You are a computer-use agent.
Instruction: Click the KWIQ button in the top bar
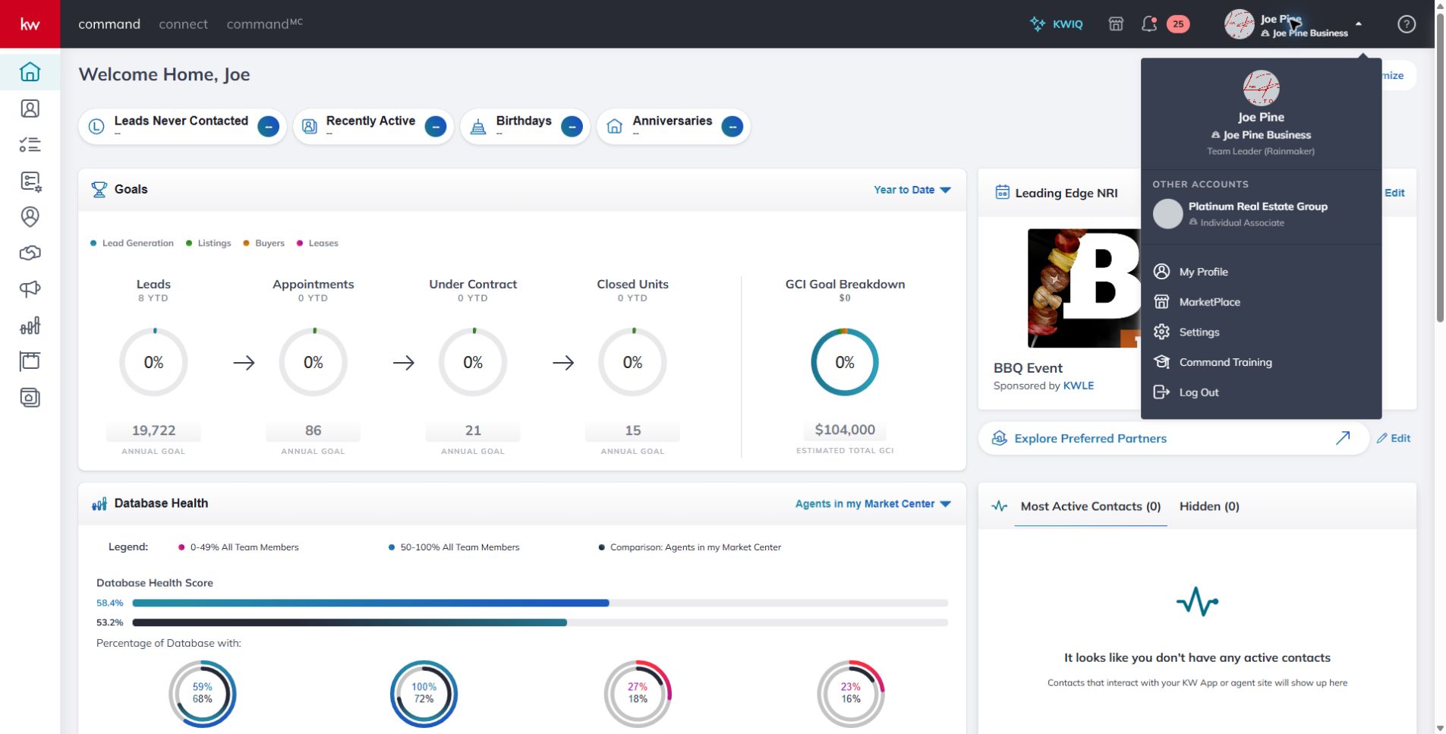point(1056,24)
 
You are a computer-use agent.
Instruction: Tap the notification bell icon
point(1149,24)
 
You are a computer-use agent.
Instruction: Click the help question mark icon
point(1406,24)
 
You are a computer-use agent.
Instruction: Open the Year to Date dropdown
point(912,190)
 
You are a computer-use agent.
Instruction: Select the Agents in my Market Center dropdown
point(873,504)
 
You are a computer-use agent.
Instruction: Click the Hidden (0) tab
point(1209,506)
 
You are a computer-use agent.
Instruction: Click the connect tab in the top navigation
point(183,24)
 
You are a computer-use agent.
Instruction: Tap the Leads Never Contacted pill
point(182,126)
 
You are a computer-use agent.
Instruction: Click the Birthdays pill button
point(525,126)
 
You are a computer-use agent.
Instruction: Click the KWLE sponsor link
point(1078,386)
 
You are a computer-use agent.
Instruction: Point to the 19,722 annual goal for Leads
point(153,430)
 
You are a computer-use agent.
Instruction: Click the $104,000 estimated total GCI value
point(845,430)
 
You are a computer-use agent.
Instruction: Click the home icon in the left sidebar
point(30,71)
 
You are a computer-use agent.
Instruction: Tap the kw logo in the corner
point(30,24)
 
